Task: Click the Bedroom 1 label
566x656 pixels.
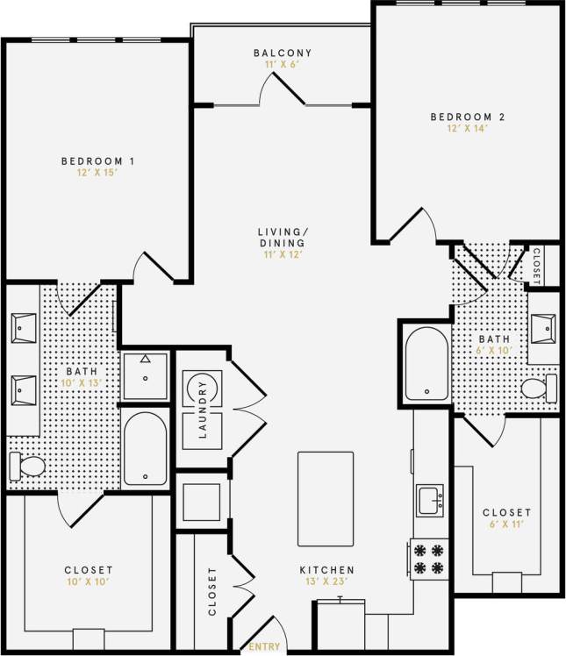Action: coord(97,160)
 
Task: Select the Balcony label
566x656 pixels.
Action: coord(281,53)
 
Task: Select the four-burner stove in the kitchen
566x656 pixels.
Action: coord(429,558)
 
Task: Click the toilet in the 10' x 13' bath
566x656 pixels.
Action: coord(26,466)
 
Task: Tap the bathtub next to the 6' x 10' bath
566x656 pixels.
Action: coord(426,363)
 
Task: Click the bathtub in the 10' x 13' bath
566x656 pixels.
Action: coord(145,448)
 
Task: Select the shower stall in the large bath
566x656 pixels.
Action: coord(145,375)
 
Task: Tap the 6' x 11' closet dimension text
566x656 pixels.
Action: coord(506,524)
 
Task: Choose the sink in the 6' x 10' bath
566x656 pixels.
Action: coord(544,327)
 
